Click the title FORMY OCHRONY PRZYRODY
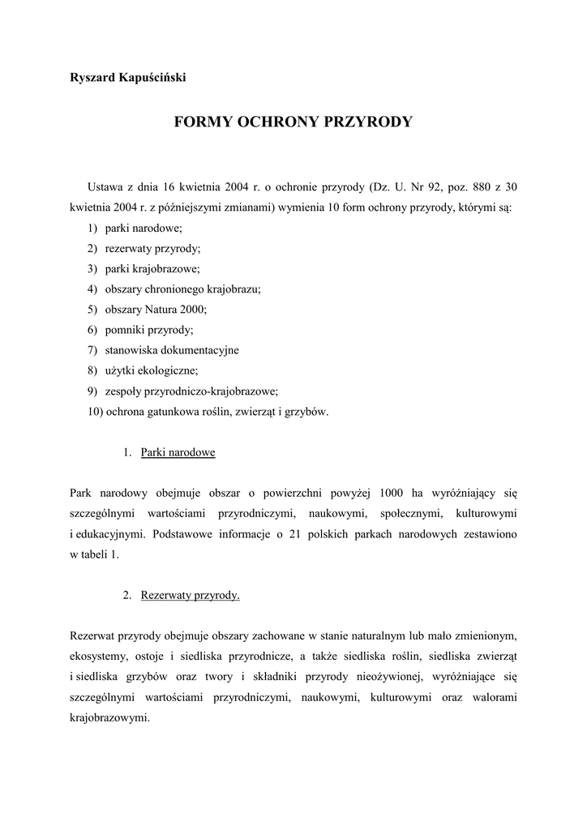click(293, 122)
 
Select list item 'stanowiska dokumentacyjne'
click(172, 350)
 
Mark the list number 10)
click(94, 412)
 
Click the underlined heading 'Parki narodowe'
click(178, 452)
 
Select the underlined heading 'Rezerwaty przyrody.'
click(190, 595)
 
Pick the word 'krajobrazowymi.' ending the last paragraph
click(110, 717)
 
